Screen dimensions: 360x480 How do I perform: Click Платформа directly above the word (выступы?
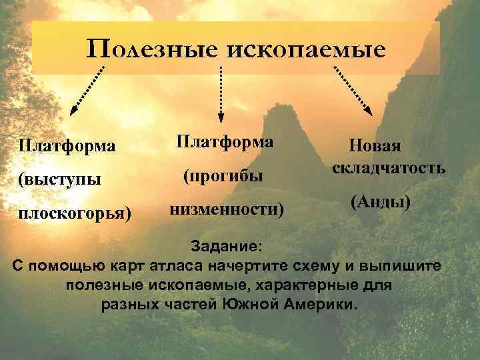pyautogui.click(x=67, y=145)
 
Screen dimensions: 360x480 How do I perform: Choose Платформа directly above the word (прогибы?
pyautogui.click(x=225, y=141)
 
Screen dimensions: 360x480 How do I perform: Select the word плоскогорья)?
pyautogui.click(x=75, y=214)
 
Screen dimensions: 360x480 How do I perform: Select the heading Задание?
pyautogui.click(x=227, y=246)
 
